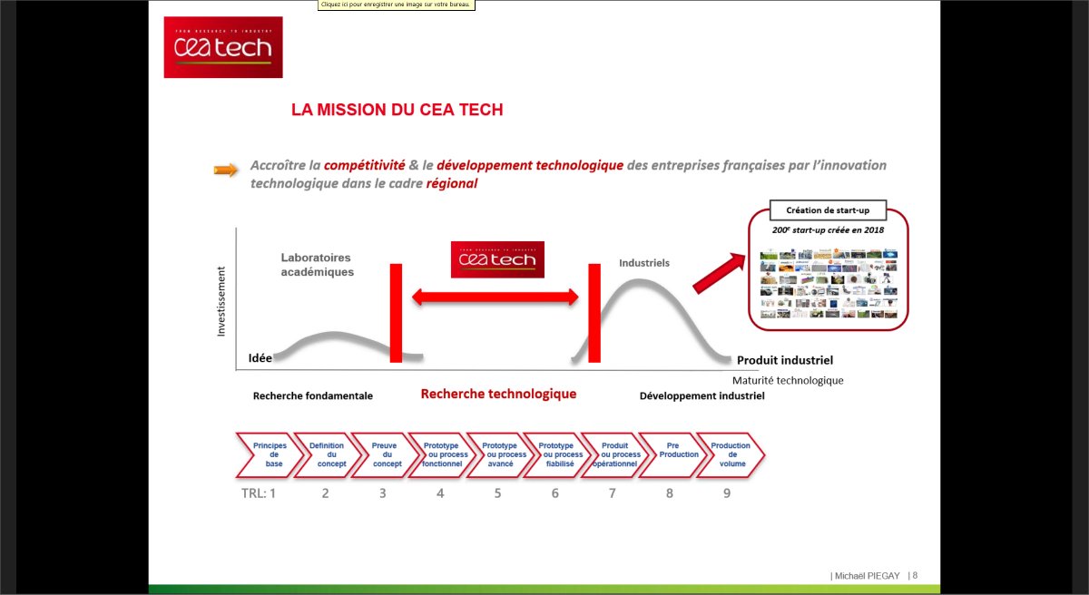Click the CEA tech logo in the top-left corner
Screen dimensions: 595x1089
(222, 47)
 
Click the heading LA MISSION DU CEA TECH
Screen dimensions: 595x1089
(397, 110)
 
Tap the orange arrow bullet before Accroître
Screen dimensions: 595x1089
(226, 170)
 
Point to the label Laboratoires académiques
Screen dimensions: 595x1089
(317, 264)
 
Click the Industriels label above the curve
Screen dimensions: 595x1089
(644, 263)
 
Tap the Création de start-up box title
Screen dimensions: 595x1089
(827, 210)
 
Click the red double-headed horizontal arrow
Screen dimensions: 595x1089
(495, 297)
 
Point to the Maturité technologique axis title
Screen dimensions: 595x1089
(788, 380)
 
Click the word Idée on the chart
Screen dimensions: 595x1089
(260, 358)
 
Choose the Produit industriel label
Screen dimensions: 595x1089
(784, 360)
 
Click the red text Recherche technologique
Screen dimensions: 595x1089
(498, 395)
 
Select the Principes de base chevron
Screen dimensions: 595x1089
(270, 454)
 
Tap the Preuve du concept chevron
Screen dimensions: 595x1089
(385, 454)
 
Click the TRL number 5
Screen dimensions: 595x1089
(497, 493)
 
